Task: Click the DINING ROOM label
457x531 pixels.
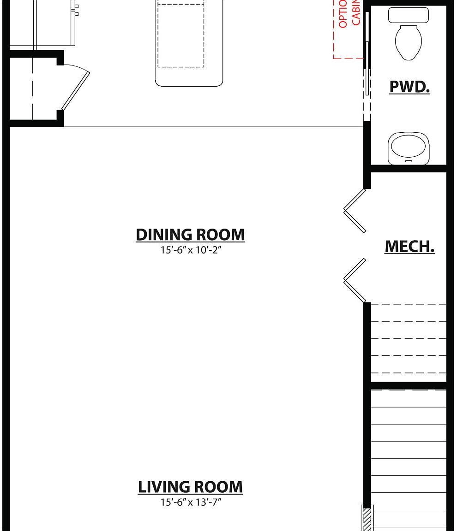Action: tap(190, 235)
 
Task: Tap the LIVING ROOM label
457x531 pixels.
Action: tap(190, 487)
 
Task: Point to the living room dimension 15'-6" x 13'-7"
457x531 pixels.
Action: tap(191, 502)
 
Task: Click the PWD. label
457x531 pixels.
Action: tap(409, 87)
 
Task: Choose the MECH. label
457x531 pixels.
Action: tap(409, 247)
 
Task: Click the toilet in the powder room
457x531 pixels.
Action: tap(409, 41)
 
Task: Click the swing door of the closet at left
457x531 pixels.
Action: tap(76, 91)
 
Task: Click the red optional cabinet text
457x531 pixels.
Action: tap(349, 14)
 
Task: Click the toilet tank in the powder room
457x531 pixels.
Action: tap(409, 15)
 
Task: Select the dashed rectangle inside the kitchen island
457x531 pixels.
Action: tap(181, 35)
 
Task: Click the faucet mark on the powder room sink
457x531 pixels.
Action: tap(409, 161)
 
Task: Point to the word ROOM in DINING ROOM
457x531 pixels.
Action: tap(218, 235)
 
